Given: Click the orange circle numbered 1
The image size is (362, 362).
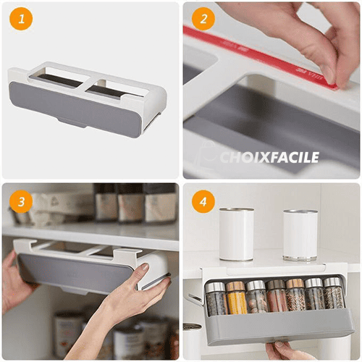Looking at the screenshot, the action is coord(21,19).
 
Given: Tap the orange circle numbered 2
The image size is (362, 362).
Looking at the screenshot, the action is coord(203,19).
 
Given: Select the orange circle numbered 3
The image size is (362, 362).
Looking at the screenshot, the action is coord(21,201).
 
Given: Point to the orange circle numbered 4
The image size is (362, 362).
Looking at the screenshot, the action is coord(203,201).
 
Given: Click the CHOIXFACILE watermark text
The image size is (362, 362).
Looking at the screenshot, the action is coord(269,157).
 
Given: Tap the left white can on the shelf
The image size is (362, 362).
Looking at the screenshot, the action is coord(237,234).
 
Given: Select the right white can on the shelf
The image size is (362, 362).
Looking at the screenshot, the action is coord(300,235).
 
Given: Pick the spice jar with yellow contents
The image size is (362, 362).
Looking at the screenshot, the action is coord(236,298).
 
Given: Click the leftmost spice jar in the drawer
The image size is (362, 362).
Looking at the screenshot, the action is coord(216,299).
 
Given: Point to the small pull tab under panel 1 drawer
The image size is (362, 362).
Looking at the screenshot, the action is coord(72,124).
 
